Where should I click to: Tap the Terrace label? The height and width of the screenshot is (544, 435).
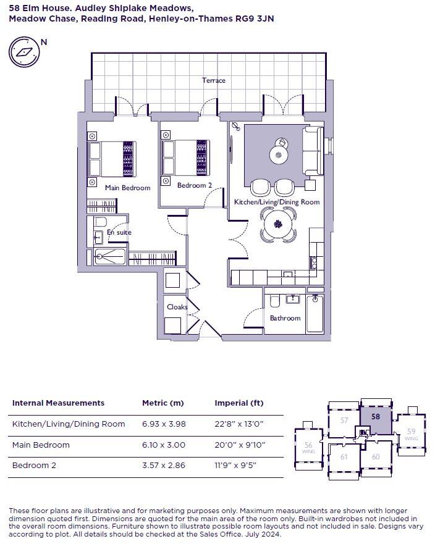[214, 80]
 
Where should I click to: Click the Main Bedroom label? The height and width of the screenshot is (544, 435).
[127, 188]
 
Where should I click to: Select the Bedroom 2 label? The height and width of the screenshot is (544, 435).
[195, 185]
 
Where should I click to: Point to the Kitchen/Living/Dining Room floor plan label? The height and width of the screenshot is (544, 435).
[276, 202]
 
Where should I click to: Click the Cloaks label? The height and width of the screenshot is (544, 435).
[177, 307]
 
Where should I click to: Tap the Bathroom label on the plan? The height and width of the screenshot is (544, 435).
[285, 318]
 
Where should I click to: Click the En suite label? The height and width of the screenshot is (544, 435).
[119, 232]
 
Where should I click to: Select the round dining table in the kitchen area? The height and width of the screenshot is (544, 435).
[278, 224]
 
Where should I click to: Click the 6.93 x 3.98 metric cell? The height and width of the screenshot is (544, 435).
[164, 424]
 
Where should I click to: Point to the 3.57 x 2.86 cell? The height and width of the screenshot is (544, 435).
[164, 465]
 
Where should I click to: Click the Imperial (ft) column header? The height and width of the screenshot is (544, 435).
[239, 403]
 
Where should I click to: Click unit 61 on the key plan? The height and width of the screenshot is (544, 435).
[344, 457]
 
